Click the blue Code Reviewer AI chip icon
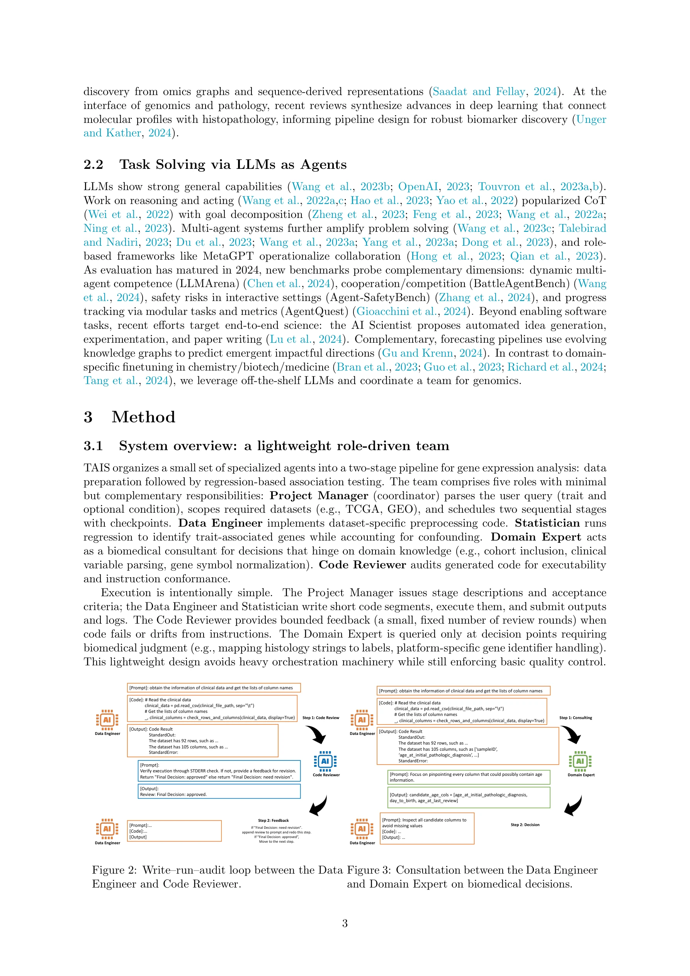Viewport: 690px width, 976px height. (x=325, y=761)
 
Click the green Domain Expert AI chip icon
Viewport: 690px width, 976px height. (x=580, y=761)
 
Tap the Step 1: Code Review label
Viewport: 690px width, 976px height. (x=321, y=718)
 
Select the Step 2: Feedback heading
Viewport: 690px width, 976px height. (x=274, y=820)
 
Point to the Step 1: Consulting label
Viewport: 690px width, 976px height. (x=575, y=718)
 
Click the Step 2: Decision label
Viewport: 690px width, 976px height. (x=525, y=825)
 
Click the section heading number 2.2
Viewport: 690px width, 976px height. (x=93, y=165)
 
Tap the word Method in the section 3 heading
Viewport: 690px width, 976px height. (x=143, y=417)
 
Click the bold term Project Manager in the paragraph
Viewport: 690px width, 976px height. (x=318, y=496)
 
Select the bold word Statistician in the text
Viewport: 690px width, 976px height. (x=547, y=523)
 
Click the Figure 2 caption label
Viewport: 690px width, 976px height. (x=114, y=870)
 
